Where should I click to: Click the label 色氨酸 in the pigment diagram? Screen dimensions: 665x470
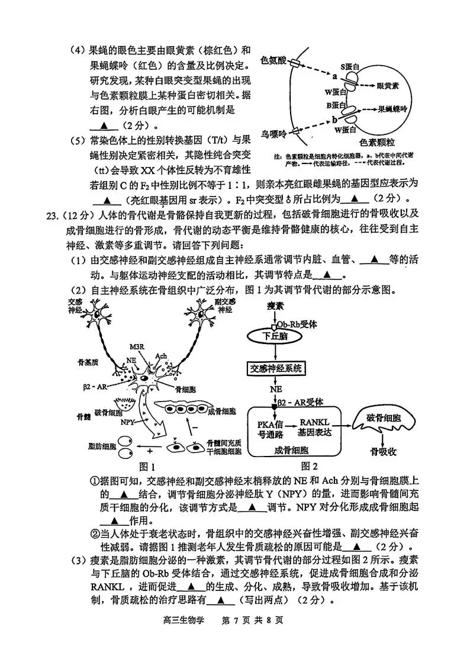pyautogui.click(x=273, y=60)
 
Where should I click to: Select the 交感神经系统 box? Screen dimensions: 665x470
pyautogui.click(x=276, y=367)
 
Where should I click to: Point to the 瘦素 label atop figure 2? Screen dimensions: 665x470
pyautogui.click(x=275, y=306)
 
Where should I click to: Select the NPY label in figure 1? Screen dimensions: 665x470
pyautogui.click(x=127, y=422)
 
